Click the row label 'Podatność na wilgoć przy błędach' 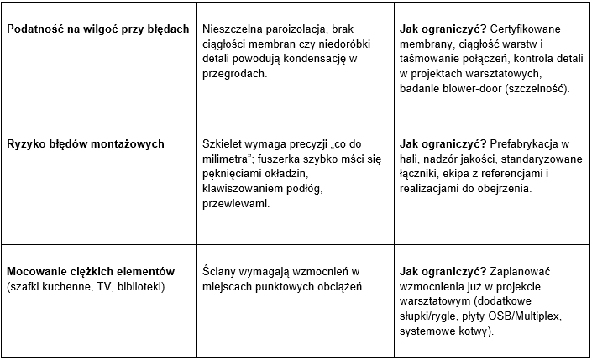coord(97,29)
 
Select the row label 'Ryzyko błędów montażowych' coord(85,143)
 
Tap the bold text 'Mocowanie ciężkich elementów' coord(90,271)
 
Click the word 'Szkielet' coord(225,143)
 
